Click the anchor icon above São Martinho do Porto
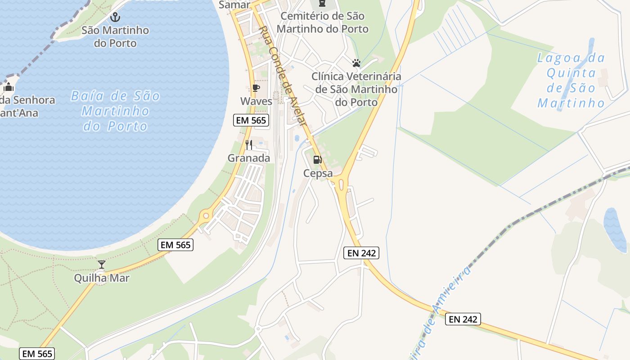(116, 18)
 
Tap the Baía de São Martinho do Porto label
(115, 111)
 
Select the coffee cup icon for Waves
(256, 88)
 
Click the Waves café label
(256, 101)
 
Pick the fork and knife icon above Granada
(249, 145)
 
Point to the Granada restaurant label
(249, 158)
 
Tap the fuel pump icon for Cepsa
(318, 160)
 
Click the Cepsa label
(318, 173)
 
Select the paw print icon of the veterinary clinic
(356, 63)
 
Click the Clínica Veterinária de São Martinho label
(356, 89)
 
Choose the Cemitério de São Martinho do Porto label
(322, 22)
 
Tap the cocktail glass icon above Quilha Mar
(102, 265)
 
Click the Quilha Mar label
(102, 278)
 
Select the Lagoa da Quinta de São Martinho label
(571, 81)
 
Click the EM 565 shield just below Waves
(252, 120)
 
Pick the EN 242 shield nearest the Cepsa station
(361, 253)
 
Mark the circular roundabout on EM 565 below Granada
(206, 216)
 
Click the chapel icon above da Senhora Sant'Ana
(9, 86)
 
